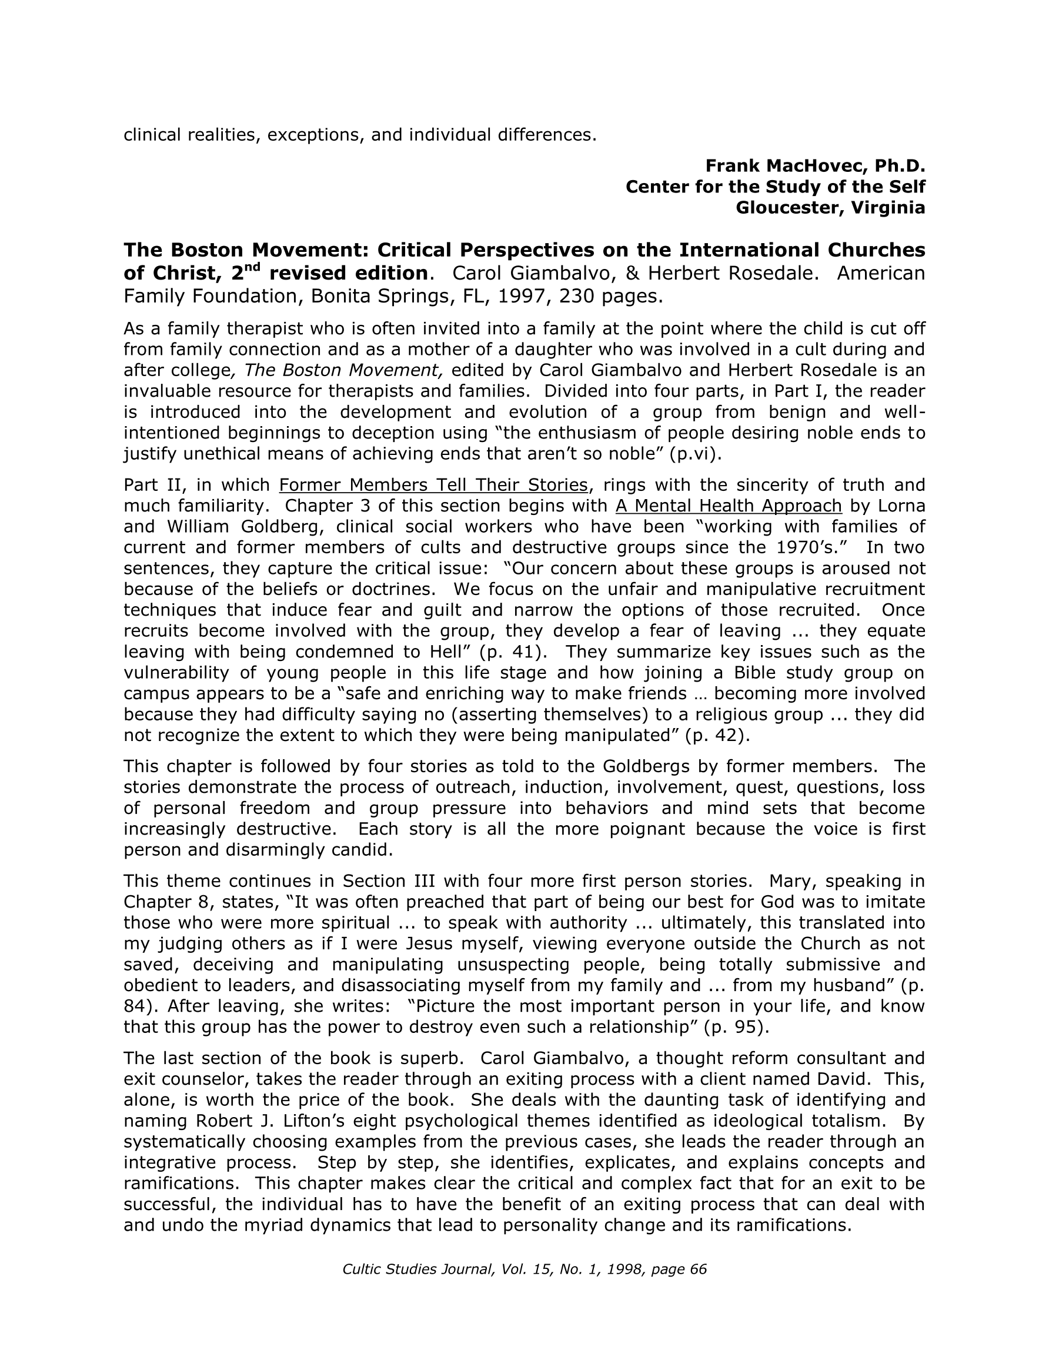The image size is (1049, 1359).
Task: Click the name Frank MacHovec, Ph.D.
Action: click(x=814, y=165)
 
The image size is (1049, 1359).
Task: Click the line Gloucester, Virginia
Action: click(x=830, y=207)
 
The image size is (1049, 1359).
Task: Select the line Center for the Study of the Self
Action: click(x=775, y=187)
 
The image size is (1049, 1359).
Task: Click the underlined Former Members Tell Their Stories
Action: click(x=433, y=485)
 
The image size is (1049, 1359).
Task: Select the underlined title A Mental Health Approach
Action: click(x=728, y=506)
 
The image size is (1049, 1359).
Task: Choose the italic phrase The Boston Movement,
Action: click(x=343, y=370)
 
